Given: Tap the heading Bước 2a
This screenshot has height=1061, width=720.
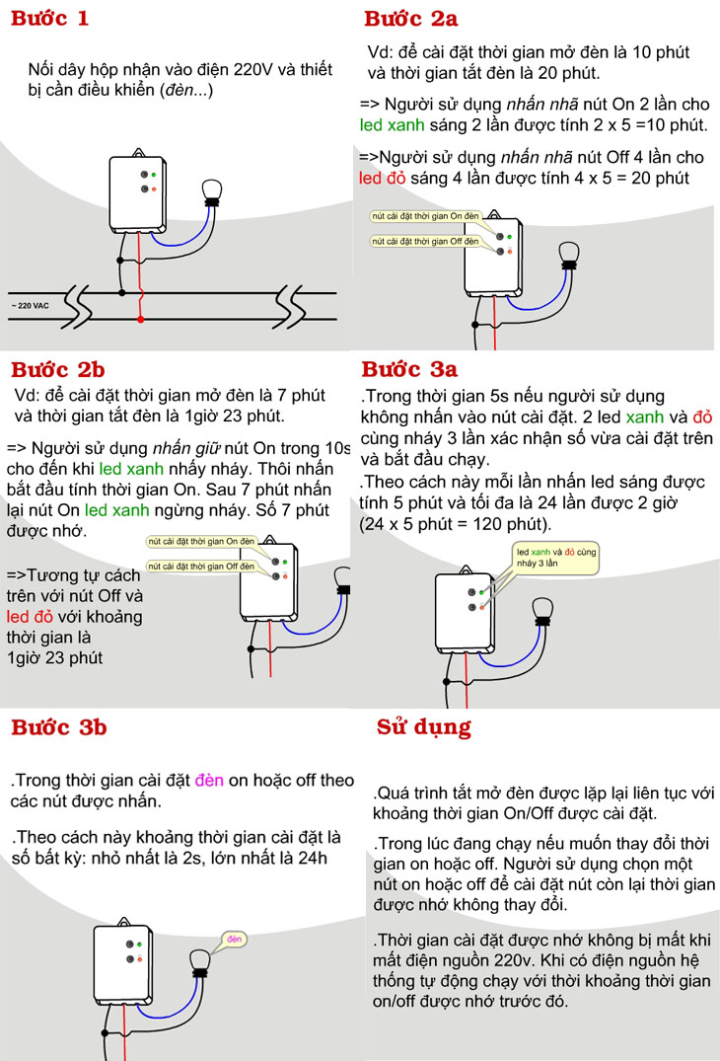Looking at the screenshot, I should point(410,18).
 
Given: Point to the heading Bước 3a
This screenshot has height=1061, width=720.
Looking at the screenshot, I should point(409,369).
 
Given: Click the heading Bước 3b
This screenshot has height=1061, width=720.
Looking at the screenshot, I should point(58,727).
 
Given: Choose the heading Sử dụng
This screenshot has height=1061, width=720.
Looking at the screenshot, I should point(424,727).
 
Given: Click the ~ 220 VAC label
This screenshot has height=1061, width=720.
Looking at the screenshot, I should point(31,306).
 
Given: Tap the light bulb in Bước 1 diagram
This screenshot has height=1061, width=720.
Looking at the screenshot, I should point(210,189).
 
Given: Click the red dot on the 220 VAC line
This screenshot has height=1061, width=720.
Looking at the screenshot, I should point(141,319).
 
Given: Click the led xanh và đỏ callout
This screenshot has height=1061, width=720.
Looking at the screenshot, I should point(555,557).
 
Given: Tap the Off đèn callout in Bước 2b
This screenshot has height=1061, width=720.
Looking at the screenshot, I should point(201,566).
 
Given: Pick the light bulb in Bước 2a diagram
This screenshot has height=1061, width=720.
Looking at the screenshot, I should point(567,254).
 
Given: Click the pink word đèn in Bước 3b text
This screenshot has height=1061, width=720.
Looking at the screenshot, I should point(209,780).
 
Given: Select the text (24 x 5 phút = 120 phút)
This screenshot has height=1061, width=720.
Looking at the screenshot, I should point(455,523).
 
